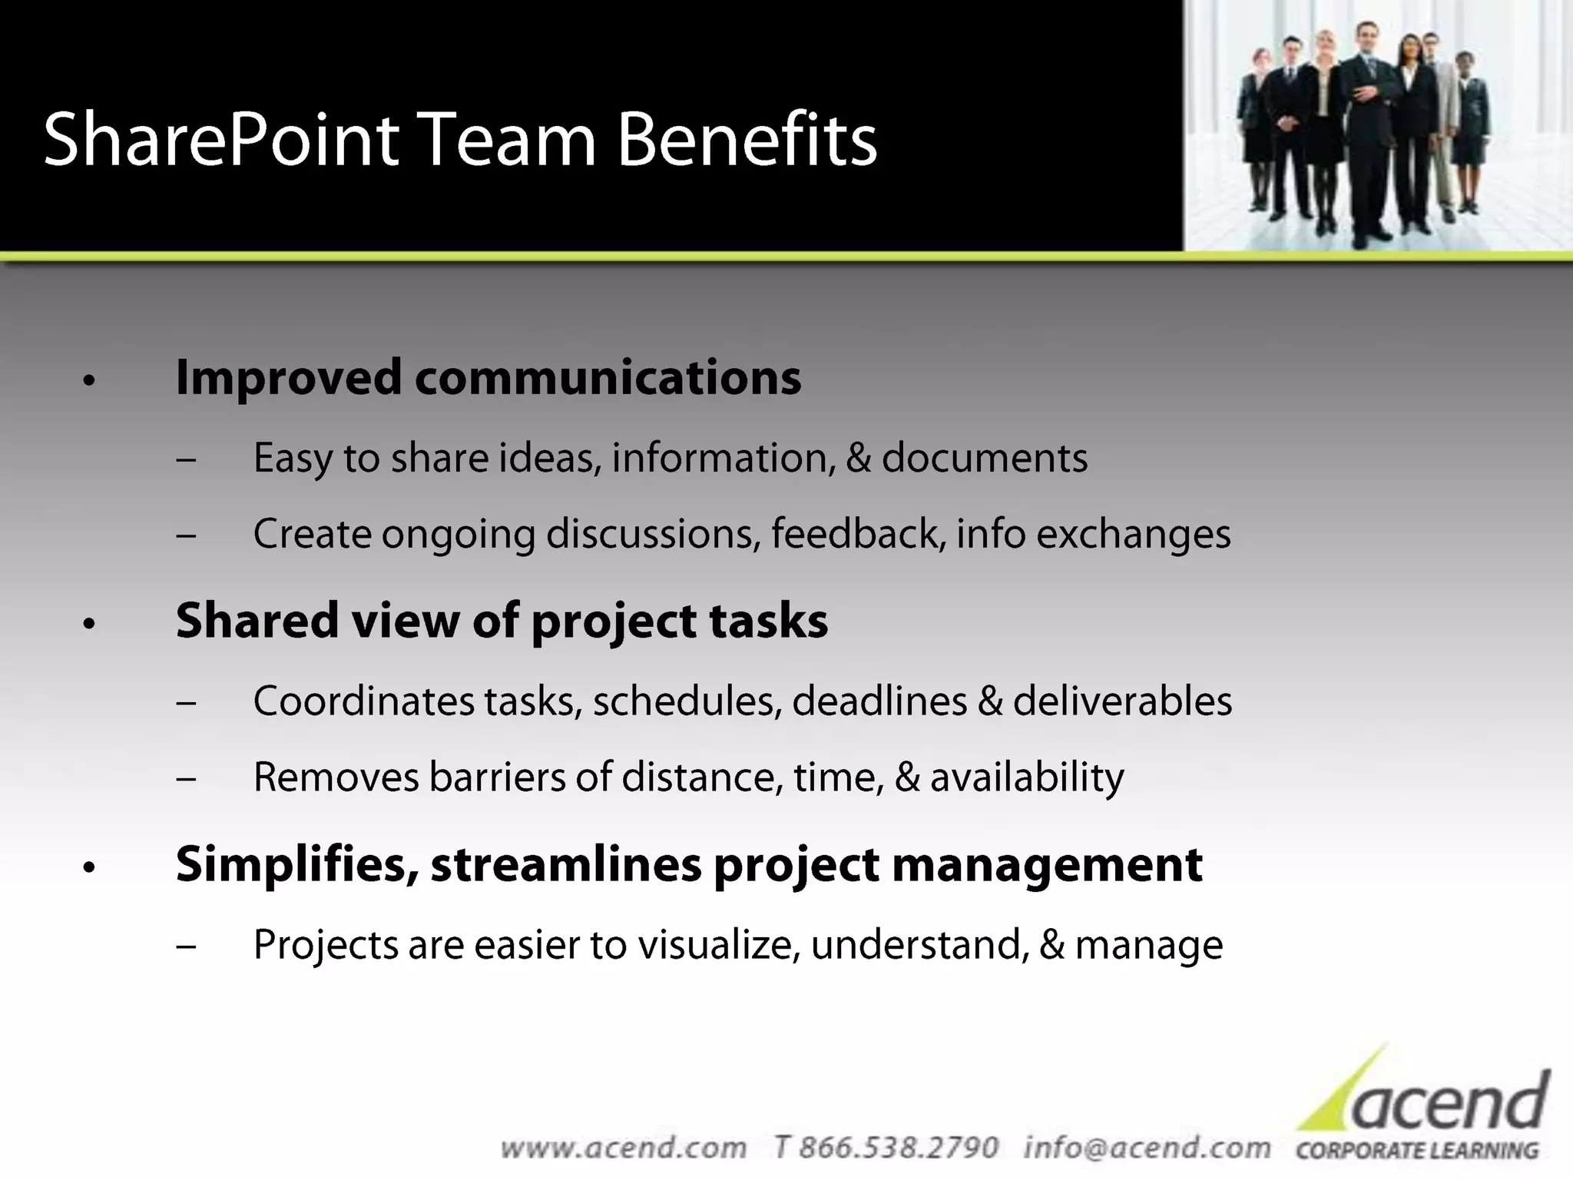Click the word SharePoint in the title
(x=221, y=140)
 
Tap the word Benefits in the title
(x=747, y=140)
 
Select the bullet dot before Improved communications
(x=89, y=380)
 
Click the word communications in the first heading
(x=608, y=378)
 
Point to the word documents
(x=984, y=459)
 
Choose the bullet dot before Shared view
(x=89, y=624)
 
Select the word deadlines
(x=879, y=701)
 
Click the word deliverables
(x=1122, y=701)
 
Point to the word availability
(x=1027, y=777)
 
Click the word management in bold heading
(x=1046, y=865)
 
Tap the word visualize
(x=720, y=945)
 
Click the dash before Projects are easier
(x=186, y=946)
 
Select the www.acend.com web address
(x=623, y=1148)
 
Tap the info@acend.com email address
(x=1147, y=1148)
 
